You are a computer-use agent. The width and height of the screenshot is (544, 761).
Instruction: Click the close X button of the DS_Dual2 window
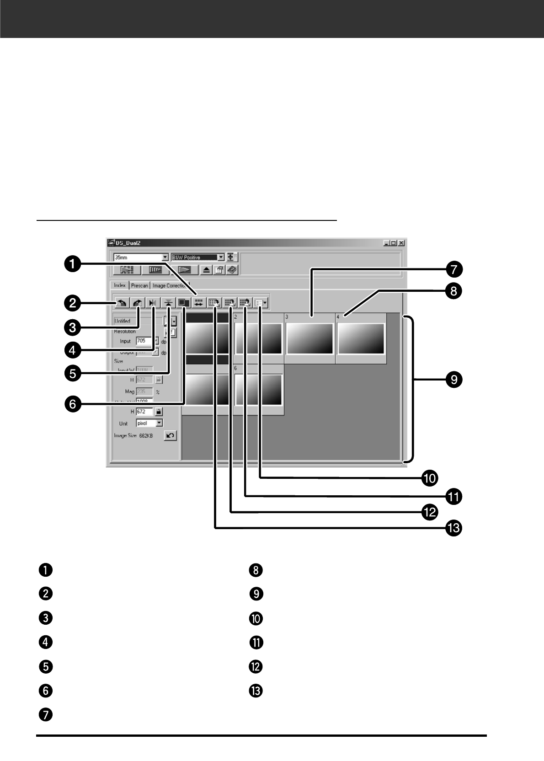pos(401,243)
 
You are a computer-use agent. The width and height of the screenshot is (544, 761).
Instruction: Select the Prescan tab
pos(139,285)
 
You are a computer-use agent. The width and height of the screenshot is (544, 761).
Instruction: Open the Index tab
pos(120,285)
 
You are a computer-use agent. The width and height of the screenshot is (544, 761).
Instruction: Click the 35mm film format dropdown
pos(141,257)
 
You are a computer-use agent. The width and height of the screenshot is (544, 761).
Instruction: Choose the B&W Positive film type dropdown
pos(197,257)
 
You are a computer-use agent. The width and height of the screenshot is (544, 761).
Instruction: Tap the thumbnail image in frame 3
pos(309,338)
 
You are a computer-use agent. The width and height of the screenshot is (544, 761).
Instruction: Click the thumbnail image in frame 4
pos(361,338)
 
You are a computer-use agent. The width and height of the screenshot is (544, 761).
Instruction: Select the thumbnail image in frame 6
pos(258,390)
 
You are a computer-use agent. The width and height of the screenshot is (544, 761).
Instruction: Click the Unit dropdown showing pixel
pos(149,423)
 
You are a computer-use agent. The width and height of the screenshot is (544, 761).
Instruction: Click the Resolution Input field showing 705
pos(144,341)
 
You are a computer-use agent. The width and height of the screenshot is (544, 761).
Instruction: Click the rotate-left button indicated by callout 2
pos(122,302)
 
